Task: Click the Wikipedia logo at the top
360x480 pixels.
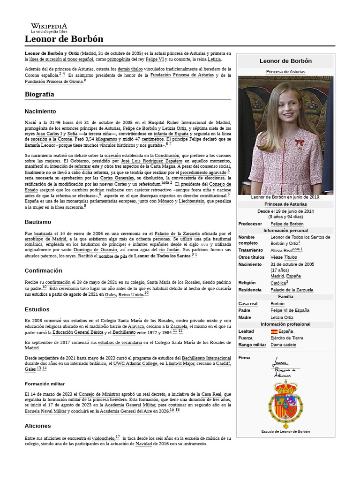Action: [x=49, y=28]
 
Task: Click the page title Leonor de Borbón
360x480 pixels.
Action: [x=64, y=39]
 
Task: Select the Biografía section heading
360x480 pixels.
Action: [x=39, y=94]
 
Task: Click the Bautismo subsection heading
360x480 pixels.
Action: [x=37, y=222]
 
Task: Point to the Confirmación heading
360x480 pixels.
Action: [x=43, y=270]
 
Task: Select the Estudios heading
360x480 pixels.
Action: [x=37, y=309]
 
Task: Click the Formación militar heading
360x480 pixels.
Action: [x=45, y=384]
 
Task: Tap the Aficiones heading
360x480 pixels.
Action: [x=37, y=426]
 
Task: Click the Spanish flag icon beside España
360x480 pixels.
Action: [x=274, y=331]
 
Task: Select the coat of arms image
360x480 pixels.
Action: [x=285, y=404]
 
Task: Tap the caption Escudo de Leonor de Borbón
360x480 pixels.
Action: [x=285, y=431]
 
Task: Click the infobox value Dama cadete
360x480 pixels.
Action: [x=283, y=345]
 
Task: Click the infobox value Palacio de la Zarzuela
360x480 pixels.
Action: [x=292, y=290]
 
